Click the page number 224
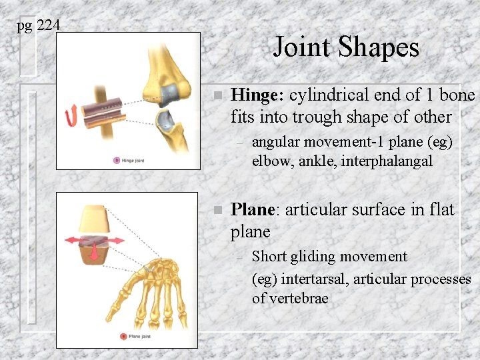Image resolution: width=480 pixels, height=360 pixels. (49, 25)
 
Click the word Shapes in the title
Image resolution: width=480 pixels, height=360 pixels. (381, 47)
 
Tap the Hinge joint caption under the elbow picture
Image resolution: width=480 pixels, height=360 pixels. (133, 161)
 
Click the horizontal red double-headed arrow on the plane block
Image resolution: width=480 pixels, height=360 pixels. (93, 238)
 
